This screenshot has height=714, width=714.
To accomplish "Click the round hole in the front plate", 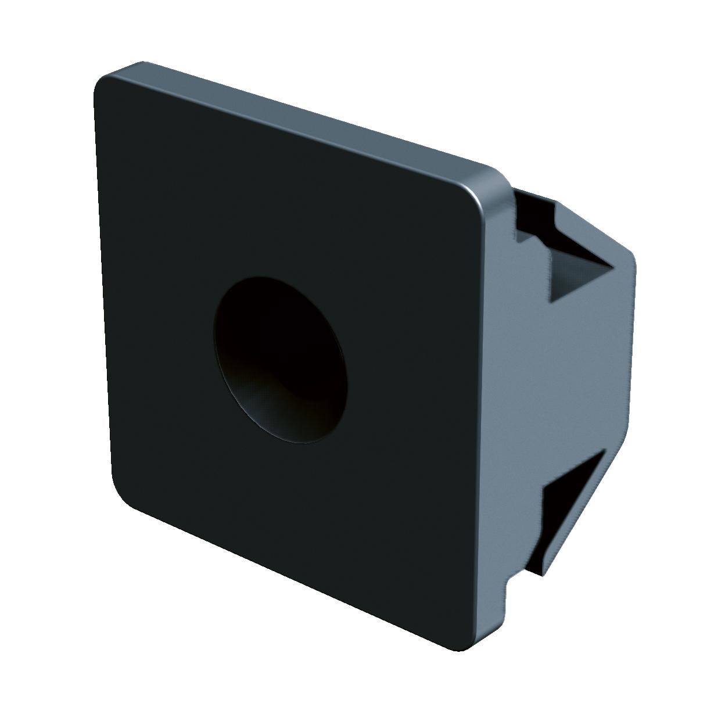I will tap(281, 360).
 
